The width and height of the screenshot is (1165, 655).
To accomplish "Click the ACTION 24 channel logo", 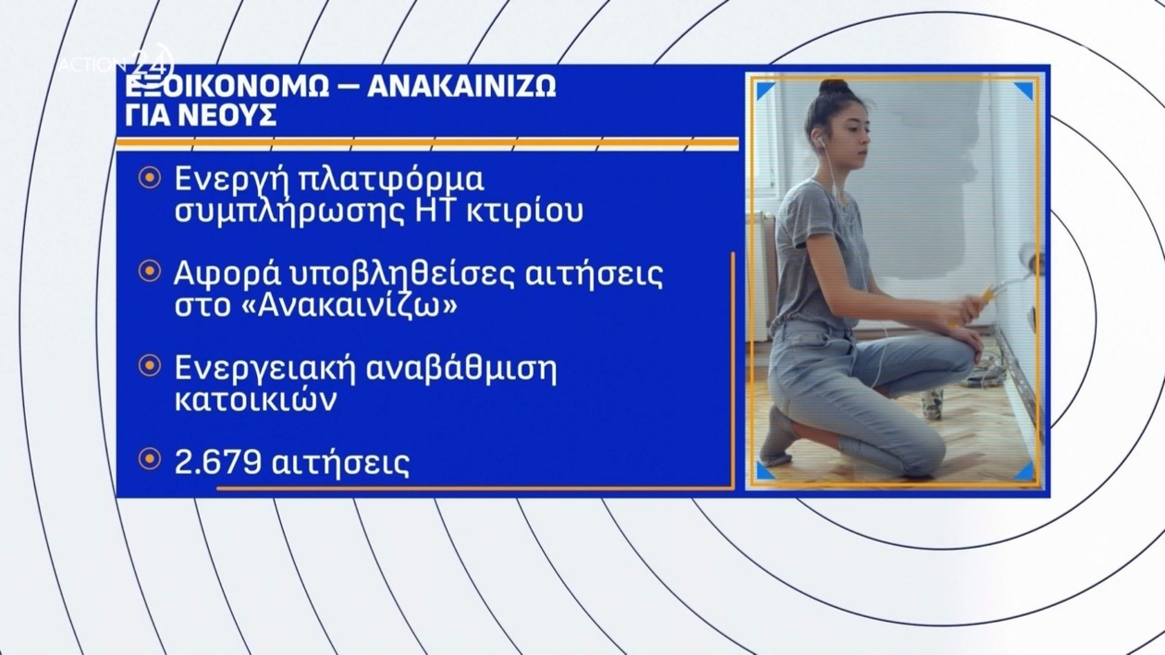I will click(x=116, y=64).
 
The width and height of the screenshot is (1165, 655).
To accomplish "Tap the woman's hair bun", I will click(x=834, y=88).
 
